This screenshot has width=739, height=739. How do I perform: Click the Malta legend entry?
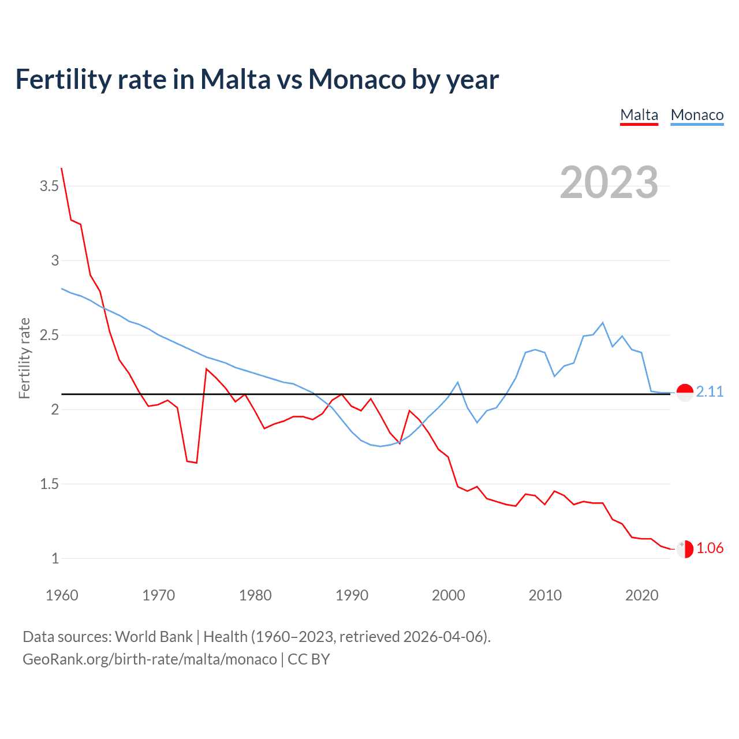click(x=639, y=115)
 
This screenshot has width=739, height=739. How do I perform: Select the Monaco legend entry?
click(x=697, y=115)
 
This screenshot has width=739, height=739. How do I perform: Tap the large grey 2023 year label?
click(x=609, y=182)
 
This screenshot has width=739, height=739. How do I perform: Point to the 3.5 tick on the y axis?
click(x=49, y=186)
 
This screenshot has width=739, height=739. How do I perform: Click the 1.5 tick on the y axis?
click(x=49, y=484)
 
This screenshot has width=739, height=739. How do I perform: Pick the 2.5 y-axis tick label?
click(x=49, y=335)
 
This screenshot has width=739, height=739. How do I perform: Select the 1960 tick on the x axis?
click(x=62, y=595)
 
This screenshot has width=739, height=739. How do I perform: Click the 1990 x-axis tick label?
click(x=352, y=595)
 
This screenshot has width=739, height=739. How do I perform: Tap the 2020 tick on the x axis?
click(x=641, y=595)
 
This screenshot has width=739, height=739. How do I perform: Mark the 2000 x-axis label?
click(x=448, y=595)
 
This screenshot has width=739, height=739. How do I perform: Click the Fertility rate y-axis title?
click(x=24, y=358)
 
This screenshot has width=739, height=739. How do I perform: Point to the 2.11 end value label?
click(x=710, y=391)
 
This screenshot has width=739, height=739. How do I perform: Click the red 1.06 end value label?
click(x=710, y=548)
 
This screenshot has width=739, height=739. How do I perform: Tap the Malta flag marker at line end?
click(x=685, y=549)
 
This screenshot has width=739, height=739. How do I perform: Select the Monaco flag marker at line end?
click(x=685, y=392)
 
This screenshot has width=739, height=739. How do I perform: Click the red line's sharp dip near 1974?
click(x=196, y=462)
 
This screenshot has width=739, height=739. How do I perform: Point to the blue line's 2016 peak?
click(x=603, y=323)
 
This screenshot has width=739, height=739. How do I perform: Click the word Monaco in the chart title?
click(x=357, y=79)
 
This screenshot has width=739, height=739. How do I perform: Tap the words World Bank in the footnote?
click(x=154, y=637)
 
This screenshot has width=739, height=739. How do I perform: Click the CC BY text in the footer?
click(x=308, y=659)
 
